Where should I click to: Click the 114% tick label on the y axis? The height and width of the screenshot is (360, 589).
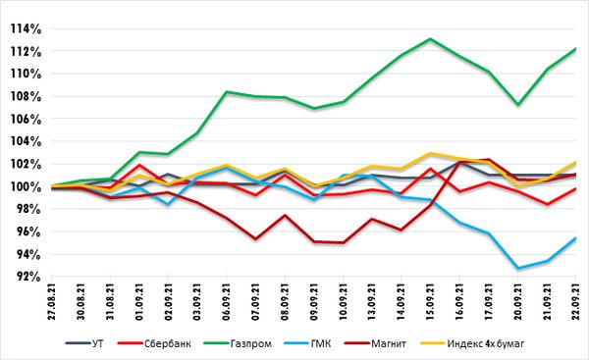(26, 28)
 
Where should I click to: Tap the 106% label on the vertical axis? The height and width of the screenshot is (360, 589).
(26, 120)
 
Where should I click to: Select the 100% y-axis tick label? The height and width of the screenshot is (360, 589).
(26, 187)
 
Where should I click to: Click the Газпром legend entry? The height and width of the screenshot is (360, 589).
(238, 343)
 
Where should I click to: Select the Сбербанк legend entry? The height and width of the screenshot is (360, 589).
(154, 343)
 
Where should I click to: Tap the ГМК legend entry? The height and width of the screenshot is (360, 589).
(307, 343)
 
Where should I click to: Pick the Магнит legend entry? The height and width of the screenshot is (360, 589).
(376, 343)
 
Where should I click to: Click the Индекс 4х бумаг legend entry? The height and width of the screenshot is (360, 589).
(472, 343)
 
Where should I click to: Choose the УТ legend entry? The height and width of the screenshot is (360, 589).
(84, 343)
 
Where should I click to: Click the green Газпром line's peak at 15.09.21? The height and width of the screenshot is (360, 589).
(430, 38)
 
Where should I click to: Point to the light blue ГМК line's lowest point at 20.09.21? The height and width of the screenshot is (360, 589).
(518, 269)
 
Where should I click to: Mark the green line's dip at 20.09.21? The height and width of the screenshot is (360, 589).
(518, 104)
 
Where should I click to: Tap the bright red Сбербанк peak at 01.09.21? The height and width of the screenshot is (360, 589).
(139, 165)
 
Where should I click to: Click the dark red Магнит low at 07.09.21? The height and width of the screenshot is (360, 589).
(255, 238)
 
